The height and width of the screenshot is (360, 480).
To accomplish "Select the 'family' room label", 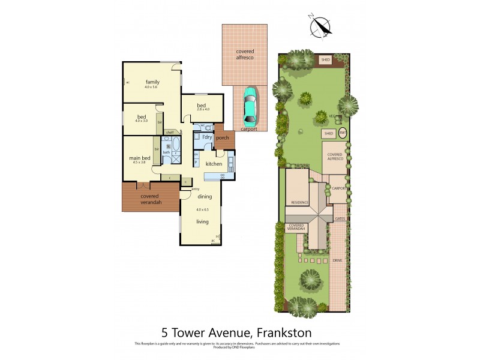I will tap(152, 82).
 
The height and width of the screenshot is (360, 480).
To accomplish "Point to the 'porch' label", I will tap(223, 137).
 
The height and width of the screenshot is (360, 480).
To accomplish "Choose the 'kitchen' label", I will tap(214, 164).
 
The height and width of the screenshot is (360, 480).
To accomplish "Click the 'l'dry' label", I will tap(207, 137).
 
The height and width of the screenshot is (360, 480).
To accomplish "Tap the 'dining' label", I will tap(205, 197).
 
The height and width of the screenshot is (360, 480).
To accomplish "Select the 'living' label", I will tap(202, 221).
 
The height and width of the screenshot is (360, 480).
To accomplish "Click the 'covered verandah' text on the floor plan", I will tap(149, 199).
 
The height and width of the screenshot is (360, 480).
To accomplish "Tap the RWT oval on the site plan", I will tap(343, 133).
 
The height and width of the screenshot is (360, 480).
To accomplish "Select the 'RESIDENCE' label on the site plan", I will tap(300, 202).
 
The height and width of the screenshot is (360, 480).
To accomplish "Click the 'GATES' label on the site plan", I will tap(340, 219).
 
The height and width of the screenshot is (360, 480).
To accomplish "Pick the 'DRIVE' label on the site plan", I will tap(337, 260).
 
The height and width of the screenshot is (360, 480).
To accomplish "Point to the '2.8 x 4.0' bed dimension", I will tap(203, 109).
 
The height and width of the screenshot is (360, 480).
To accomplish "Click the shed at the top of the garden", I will tap(326, 60).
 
